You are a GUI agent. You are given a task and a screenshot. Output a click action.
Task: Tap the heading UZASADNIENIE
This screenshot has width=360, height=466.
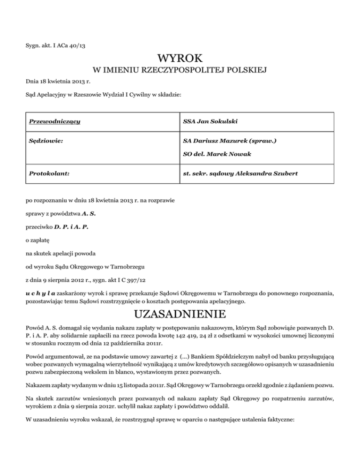pos(180,312)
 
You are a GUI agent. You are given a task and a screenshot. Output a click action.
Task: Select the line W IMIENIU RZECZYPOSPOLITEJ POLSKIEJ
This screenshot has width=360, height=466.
pos(180,71)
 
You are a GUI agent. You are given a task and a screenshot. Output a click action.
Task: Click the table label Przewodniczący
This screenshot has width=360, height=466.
pos(54,122)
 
